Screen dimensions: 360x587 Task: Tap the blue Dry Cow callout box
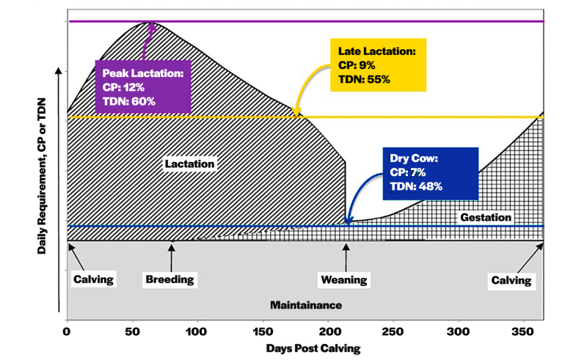430,173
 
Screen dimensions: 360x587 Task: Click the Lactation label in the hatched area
189,164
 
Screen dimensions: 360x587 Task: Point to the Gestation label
485,217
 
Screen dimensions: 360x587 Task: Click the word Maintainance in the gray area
306,304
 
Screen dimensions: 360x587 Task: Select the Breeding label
169,279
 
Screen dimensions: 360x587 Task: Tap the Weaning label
344,279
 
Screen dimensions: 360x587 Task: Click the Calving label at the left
93,279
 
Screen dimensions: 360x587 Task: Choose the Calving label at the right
511,279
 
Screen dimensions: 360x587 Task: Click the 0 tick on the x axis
67,332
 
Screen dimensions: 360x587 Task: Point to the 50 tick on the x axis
132,332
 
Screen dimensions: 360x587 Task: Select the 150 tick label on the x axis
263,332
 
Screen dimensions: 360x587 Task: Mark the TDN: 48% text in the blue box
415,186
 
